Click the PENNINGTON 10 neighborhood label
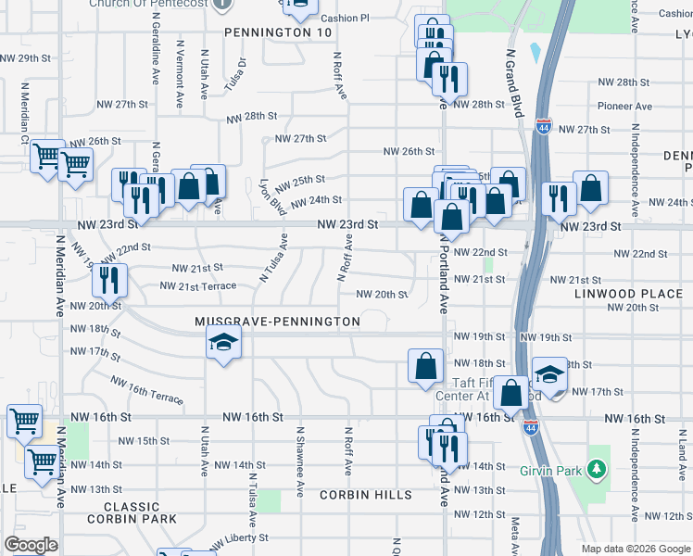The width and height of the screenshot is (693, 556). coord(278,32)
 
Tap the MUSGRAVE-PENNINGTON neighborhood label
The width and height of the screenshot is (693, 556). coord(277,322)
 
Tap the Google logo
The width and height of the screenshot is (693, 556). coord(31,545)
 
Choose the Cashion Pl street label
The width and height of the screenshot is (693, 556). coord(345,18)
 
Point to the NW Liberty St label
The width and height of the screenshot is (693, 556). coord(239,538)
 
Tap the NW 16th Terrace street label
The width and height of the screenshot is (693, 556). coord(146,390)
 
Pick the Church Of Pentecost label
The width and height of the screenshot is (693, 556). coord(146,4)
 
